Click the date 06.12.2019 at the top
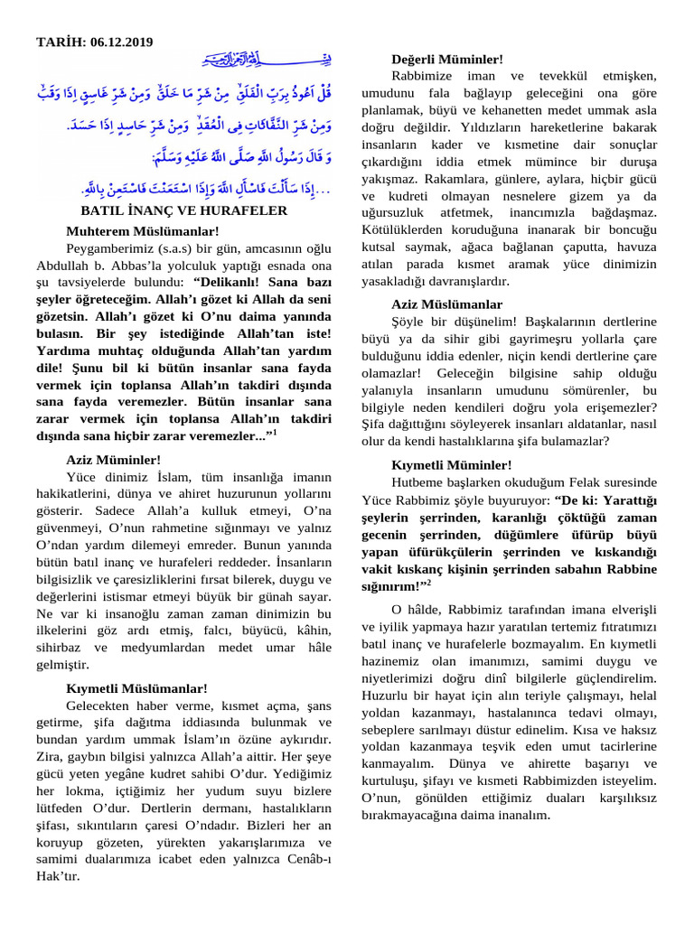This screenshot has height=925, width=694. point(122,42)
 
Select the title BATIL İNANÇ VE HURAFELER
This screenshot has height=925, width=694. point(184,210)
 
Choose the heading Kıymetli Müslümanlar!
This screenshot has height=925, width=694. point(136,688)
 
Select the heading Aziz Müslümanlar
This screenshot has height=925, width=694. point(447,304)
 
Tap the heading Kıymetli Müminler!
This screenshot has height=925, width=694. point(452,464)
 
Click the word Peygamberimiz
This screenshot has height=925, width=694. point(108,248)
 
